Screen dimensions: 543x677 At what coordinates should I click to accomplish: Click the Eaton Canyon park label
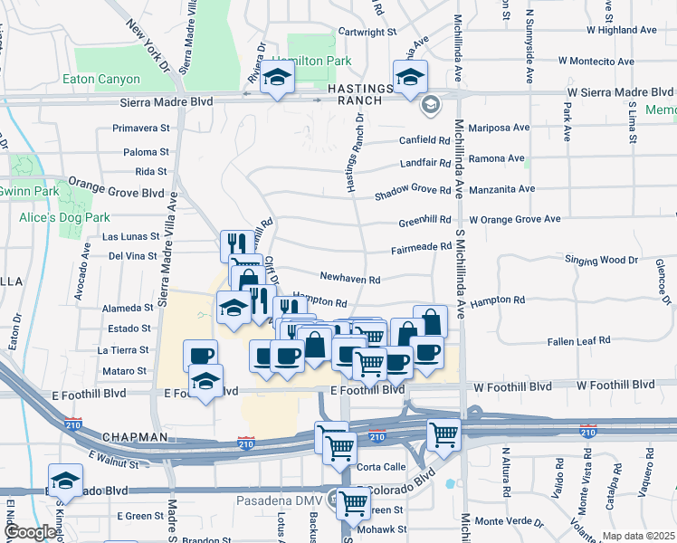click(101, 80)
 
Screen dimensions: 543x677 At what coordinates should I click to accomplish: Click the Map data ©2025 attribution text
click(637, 536)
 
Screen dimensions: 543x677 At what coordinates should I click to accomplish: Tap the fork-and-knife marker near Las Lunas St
click(234, 243)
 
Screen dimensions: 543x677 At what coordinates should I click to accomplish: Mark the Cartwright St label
click(367, 31)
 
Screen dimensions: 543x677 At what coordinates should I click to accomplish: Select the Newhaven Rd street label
click(348, 280)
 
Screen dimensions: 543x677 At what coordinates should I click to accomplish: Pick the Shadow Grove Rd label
click(413, 190)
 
